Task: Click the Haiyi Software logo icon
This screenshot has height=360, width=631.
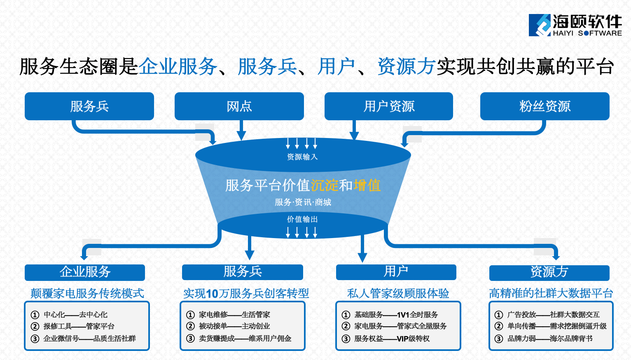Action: tap(540, 25)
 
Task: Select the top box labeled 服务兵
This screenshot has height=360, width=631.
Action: tap(89, 106)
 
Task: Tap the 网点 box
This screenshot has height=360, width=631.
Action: tap(239, 106)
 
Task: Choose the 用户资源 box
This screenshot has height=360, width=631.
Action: tap(389, 106)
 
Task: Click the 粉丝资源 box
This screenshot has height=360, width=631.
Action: tap(545, 106)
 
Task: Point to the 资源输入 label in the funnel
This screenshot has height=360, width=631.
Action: tap(302, 157)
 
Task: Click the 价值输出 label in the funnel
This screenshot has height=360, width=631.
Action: tap(302, 219)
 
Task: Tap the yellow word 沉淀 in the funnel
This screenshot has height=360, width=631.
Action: tap(324, 185)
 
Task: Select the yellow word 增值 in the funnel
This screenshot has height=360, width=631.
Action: tap(367, 185)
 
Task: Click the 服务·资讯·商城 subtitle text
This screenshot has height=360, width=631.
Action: tap(303, 202)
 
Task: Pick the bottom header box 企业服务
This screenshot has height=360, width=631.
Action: tap(85, 272)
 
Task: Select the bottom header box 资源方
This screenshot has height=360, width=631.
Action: tap(549, 272)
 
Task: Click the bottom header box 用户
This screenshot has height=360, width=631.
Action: tap(396, 271)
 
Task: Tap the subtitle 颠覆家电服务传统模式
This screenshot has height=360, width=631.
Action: tap(87, 293)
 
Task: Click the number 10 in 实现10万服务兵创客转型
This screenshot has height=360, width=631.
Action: tap(212, 294)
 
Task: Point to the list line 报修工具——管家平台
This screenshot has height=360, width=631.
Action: tap(79, 326)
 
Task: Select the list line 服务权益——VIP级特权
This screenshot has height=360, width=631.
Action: tap(392, 339)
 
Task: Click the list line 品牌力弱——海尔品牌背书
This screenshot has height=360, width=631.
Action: tap(550, 339)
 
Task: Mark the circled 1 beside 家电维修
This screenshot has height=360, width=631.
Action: tap(190, 315)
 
